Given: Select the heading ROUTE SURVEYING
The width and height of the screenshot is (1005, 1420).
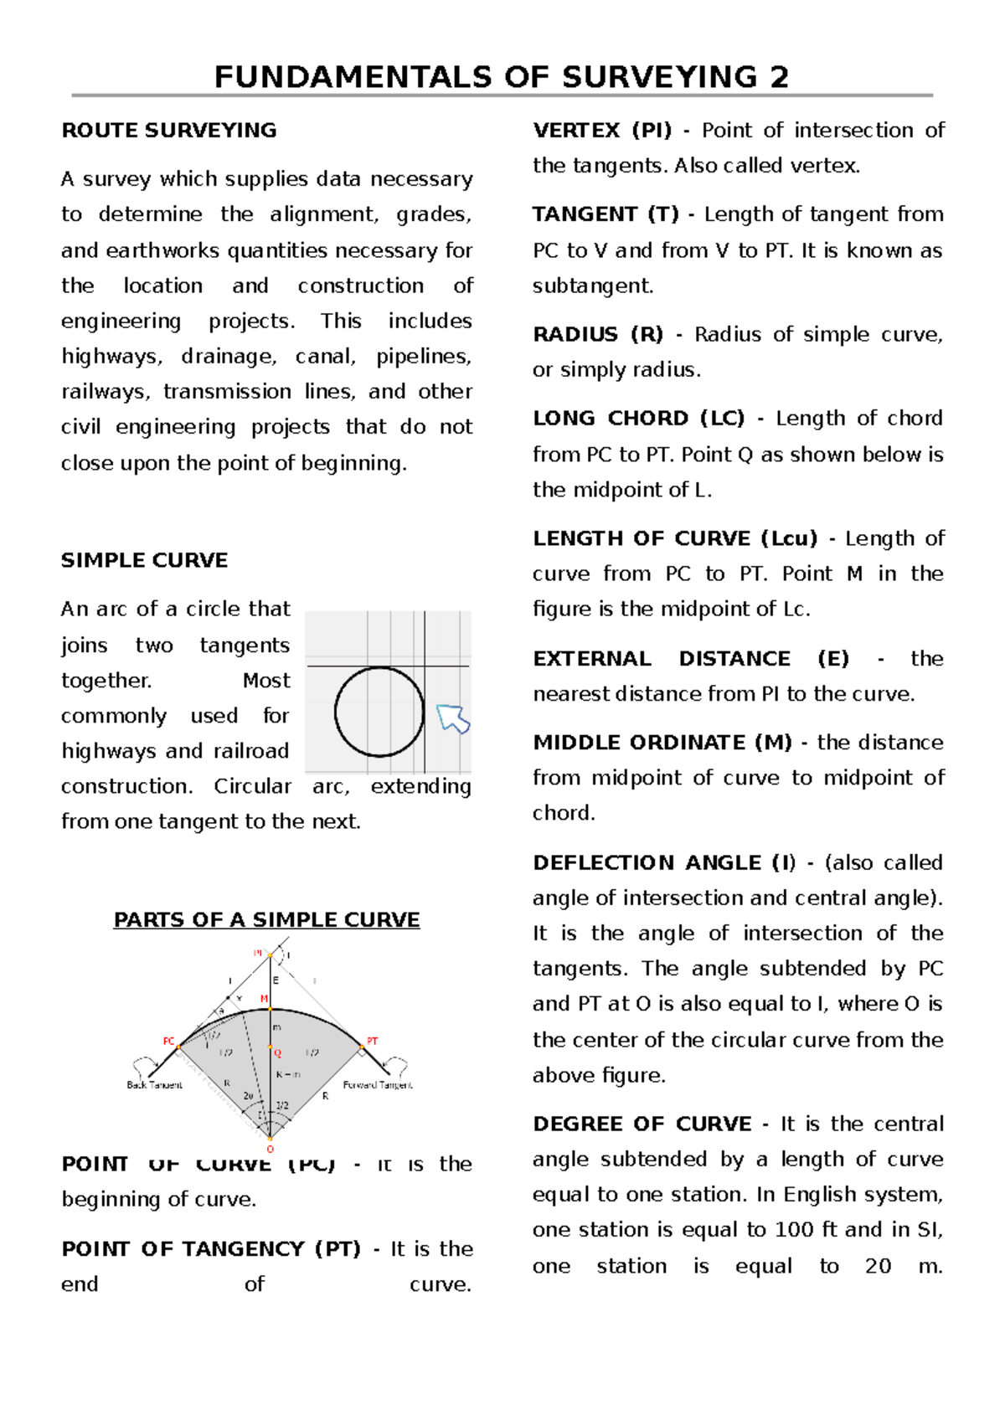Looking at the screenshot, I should (x=168, y=131).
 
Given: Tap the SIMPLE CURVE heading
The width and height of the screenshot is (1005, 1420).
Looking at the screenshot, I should (x=144, y=560).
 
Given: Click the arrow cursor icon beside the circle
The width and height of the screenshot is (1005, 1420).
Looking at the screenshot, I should (x=453, y=718).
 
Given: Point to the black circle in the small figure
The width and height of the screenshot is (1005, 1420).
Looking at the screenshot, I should (x=379, y=712).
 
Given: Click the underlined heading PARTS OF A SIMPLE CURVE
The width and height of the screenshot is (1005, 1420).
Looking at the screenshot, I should (x=266, y=919).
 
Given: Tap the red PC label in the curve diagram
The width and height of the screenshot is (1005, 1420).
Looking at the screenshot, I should (x=168, y=1042).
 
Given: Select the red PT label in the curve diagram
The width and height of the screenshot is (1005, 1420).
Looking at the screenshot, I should (x=373, y=1042).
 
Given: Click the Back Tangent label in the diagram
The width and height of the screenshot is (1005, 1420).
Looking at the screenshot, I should (x=154, y=1085).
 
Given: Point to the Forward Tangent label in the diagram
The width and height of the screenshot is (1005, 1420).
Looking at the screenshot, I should (x=378, y=1085).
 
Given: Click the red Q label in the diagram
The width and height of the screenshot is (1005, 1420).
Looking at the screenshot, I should (x=278, y=1053).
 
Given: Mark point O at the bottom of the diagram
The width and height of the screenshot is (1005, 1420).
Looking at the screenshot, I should (x=270, y=1149).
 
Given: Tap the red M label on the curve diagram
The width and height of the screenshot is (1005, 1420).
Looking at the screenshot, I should (x=265, y=999).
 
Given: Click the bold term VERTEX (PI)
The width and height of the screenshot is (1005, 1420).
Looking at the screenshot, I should (x=602, y=131).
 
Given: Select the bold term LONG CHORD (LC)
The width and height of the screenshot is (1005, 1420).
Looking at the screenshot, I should (x=638, y=419).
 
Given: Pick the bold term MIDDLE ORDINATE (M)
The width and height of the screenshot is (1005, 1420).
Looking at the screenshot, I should (x=662, y=743).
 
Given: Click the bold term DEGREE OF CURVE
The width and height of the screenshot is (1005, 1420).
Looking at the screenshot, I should (x=642, y=1124).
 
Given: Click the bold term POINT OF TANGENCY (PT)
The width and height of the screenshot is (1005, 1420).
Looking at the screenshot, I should (x=211, y=1249).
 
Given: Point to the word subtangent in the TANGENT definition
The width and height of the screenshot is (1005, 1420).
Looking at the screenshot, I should (x=592, y=286).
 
